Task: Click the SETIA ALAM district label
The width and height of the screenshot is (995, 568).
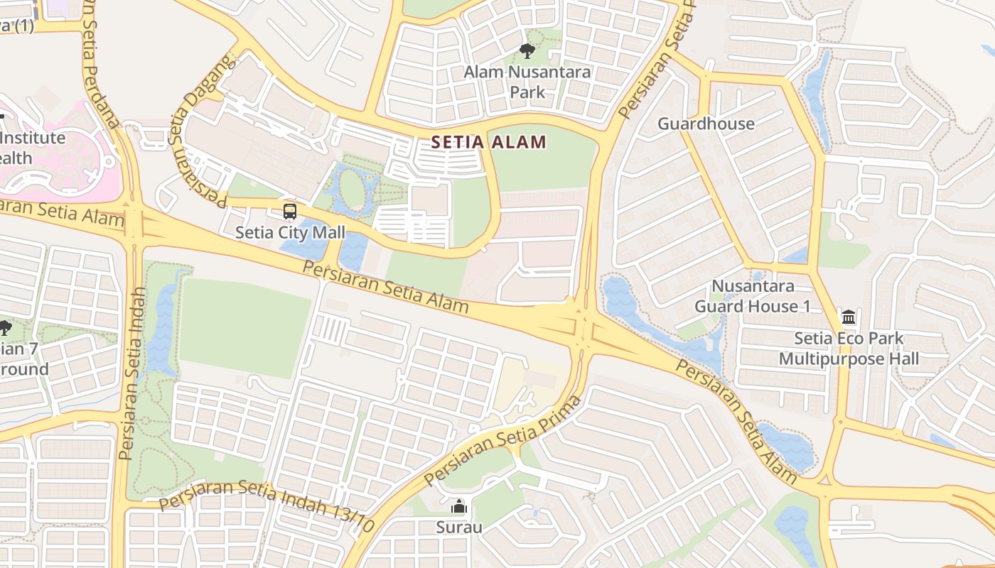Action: pyautogui.click(x=489, y=142)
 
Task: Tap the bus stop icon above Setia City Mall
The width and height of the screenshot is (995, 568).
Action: pyautogui.click(x=289, y=211)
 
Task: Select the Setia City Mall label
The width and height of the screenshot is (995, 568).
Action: pyautogui.click(x=290, y=232)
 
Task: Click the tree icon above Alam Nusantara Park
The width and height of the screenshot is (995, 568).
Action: pyautogui.click(x=527, y=50)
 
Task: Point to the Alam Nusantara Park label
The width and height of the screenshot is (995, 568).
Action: pyautogui.click(x=527, y=82)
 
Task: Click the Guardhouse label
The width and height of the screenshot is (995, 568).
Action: pyautogui.click(x=706, y=124)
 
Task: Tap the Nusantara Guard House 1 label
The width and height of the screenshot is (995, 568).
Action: pyautogui.click(x=753, y=297)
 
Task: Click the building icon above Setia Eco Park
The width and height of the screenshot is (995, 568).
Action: pyautogui.click(x=848, y=317)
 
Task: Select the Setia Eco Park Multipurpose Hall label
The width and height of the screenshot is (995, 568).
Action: pyautogui.click(x=849, y=348)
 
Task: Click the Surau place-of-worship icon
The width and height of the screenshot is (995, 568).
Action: pyautogui.click(x=459, y=507)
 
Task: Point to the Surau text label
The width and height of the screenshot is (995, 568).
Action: pyautogui.click(x=459, y=528)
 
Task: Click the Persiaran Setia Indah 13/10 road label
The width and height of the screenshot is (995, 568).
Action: pyautogui.click(x=267, y=506)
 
